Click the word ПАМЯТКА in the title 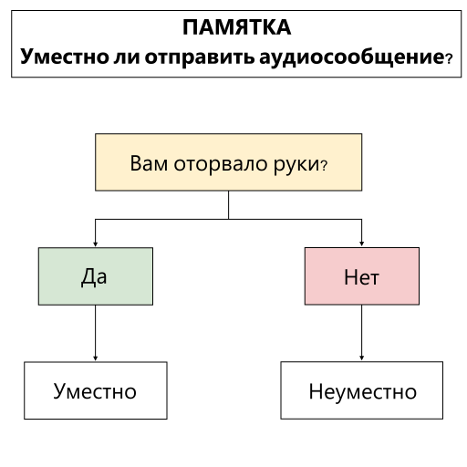236,27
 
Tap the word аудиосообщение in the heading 352,57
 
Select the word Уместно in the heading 65,57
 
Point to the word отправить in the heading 200,57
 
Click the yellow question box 228,162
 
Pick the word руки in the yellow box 296,165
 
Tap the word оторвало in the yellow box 221,163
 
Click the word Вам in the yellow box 149,163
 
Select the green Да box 96,276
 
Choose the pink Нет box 362,276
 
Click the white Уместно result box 96,390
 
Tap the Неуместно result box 361,390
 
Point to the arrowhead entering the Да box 95,244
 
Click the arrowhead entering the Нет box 361,244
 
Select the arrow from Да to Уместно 95,333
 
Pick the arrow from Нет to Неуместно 361,333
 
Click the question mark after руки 324,166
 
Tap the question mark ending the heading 449,58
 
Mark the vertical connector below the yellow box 228,205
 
